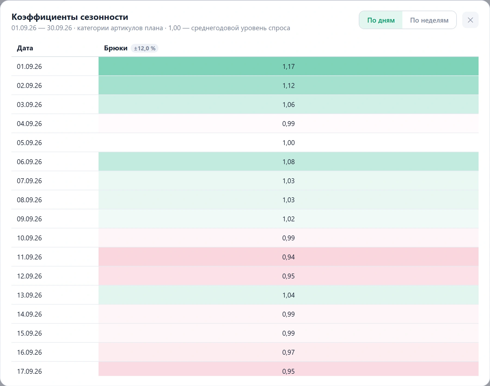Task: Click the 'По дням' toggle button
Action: pyautogui.click(x=381, y=20)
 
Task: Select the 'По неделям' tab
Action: pyautogui.click(x=429, y=20)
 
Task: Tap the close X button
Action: pyautogui.click(x=470, y=20)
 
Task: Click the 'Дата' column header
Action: pyautogui.click(x=25, y=48)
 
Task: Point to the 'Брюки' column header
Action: pyautogui.click(x=116, y=48)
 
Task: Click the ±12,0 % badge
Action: pyautogui.click(x=145, y=48)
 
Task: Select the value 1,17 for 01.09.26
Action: pyautogui.click(x=289, y=66)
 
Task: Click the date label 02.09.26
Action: pyautogui.click(x=29, y=85)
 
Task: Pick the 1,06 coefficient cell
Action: pyautogui.click(x=289, y=105)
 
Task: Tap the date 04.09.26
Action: pyautogui.click(x=29, y=124)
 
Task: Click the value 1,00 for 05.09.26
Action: pyautogui.click(x=289, y=143)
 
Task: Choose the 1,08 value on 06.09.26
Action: pyautogui.click(x=289, y=162)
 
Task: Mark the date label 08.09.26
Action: pyautogui.click(x=29, y=200)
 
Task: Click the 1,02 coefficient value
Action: pyautogui.click(x=289, y=219)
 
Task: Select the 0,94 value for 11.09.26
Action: pyautogui.click(x=289, y=257)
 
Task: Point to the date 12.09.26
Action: pyautogui.click(x=29, y=276)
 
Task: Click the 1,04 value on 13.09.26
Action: pyautogui.click(x=289, y=295)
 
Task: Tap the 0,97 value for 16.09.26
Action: pyautogui.click(x=289, y=352)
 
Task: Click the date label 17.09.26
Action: pyautogui.click(x=29, y=371)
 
